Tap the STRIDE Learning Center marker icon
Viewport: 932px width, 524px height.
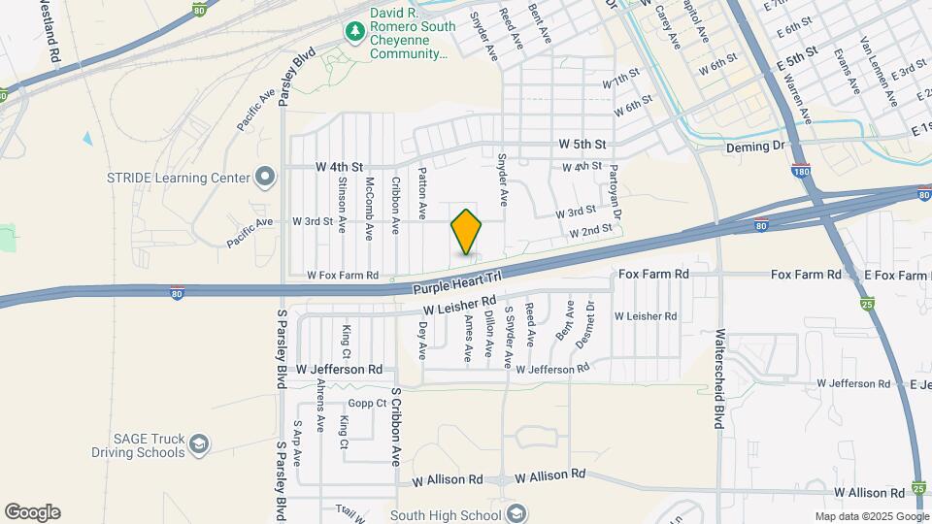coord(264,177)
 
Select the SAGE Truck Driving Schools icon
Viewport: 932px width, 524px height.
coord(199,444)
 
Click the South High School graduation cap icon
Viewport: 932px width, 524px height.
coord(517,512)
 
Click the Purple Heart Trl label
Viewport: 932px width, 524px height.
coord(456,283)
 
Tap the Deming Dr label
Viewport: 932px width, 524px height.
coord(754,147)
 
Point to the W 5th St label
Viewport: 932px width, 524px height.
coord(582,144)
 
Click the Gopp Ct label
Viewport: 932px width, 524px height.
coord(368,403)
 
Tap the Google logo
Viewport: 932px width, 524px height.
coord(32,512)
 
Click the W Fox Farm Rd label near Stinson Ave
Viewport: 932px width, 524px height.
coord(343,276)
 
